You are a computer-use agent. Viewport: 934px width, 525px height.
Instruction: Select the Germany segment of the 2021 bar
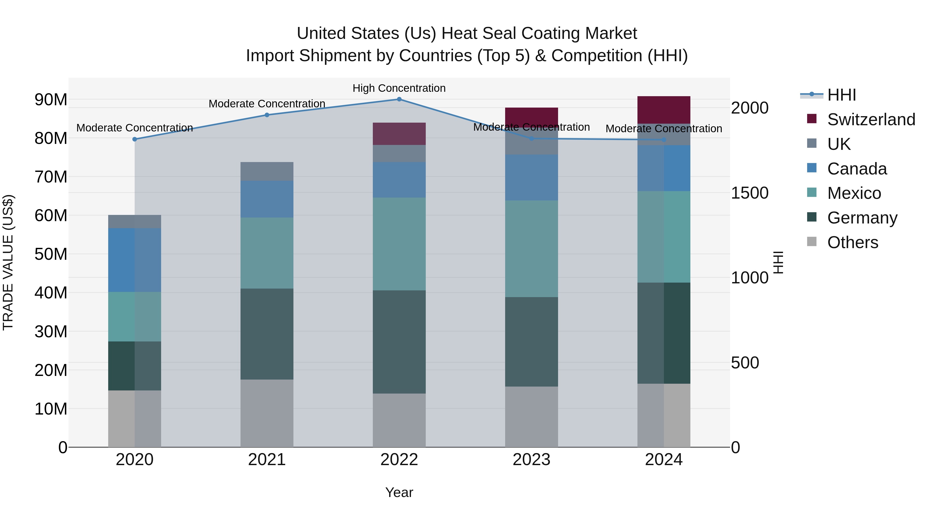(267, 334)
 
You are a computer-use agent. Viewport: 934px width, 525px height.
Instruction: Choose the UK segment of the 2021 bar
(267, 171)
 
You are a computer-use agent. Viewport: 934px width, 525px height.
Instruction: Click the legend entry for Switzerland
(871, 120)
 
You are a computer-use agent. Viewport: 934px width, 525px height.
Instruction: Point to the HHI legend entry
(841, 95)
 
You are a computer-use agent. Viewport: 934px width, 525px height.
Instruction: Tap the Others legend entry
(853, 242)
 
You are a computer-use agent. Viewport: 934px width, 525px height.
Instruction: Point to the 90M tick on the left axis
(51, 100)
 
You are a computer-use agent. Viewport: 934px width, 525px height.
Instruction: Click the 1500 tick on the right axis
(750, 193)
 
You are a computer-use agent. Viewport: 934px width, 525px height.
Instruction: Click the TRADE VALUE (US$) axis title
(8, 262)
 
